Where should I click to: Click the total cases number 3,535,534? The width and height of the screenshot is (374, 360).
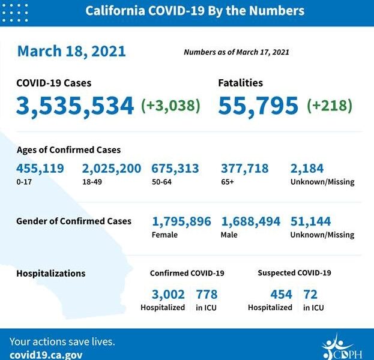pyautogui.click(x=75, y=106)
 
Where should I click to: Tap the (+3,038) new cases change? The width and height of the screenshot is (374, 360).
pyautogui.click(x=170, y=106)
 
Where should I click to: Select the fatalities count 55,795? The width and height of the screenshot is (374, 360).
pyautogui.click(x=258, y=106)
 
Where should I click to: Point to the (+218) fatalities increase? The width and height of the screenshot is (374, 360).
pyautogui.click(x=330, y=106)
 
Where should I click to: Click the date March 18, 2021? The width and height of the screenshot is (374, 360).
pyautogui.click(x=71, y=51)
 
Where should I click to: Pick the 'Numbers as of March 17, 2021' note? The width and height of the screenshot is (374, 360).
pyautogui.click(x=236, y=52)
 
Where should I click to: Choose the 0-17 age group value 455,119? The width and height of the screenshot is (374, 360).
pyautogui.click(x=40, y=169)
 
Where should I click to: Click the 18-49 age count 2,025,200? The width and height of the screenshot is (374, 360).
pyautogui.click(x=112, y=169)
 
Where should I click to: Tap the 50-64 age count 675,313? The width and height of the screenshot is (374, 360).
pyautogui.click(x=175, y=169)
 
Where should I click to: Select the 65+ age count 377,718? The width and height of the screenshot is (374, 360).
pyautogui.click(x=244, y=169)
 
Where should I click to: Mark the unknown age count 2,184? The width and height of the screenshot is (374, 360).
pyautogui.click(x=307, y=169)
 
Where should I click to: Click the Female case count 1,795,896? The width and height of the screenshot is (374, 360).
pyautogui.click(x=181, y=221)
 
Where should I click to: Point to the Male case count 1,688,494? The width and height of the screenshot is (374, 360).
pyautogui.click(x=250, y=221)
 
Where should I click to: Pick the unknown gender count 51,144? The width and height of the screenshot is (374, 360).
pyautogui.click(x=310, y=221)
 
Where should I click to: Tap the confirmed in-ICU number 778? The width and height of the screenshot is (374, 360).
pyautogui.click(x=206, y=294)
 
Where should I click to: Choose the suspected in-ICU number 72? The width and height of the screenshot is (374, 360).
pyautogui.click(x=310, y=294)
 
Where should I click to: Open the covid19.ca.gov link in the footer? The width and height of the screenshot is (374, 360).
pyautogui.click(x=46, y=354)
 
